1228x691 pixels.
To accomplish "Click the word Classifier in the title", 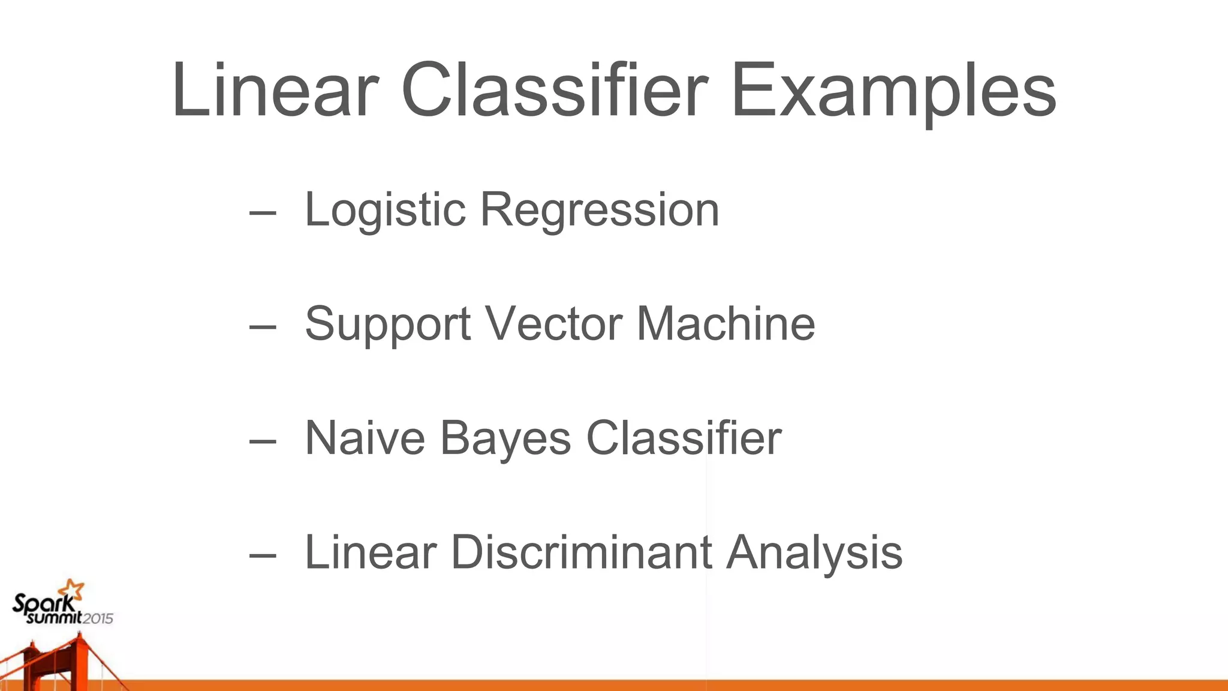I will (555, 91).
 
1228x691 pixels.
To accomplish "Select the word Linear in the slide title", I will (275, 91).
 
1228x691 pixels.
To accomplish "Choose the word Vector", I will (554, 324).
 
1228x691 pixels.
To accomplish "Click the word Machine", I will (726, 324).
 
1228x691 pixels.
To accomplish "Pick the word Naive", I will (365, 438).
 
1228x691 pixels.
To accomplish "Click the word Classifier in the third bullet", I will (684, 438).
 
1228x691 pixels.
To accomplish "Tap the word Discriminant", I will (581, 552).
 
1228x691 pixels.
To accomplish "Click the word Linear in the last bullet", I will (371, 552).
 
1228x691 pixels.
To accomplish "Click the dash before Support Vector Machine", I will (263, 326).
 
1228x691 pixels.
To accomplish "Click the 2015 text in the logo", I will (97, 618).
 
